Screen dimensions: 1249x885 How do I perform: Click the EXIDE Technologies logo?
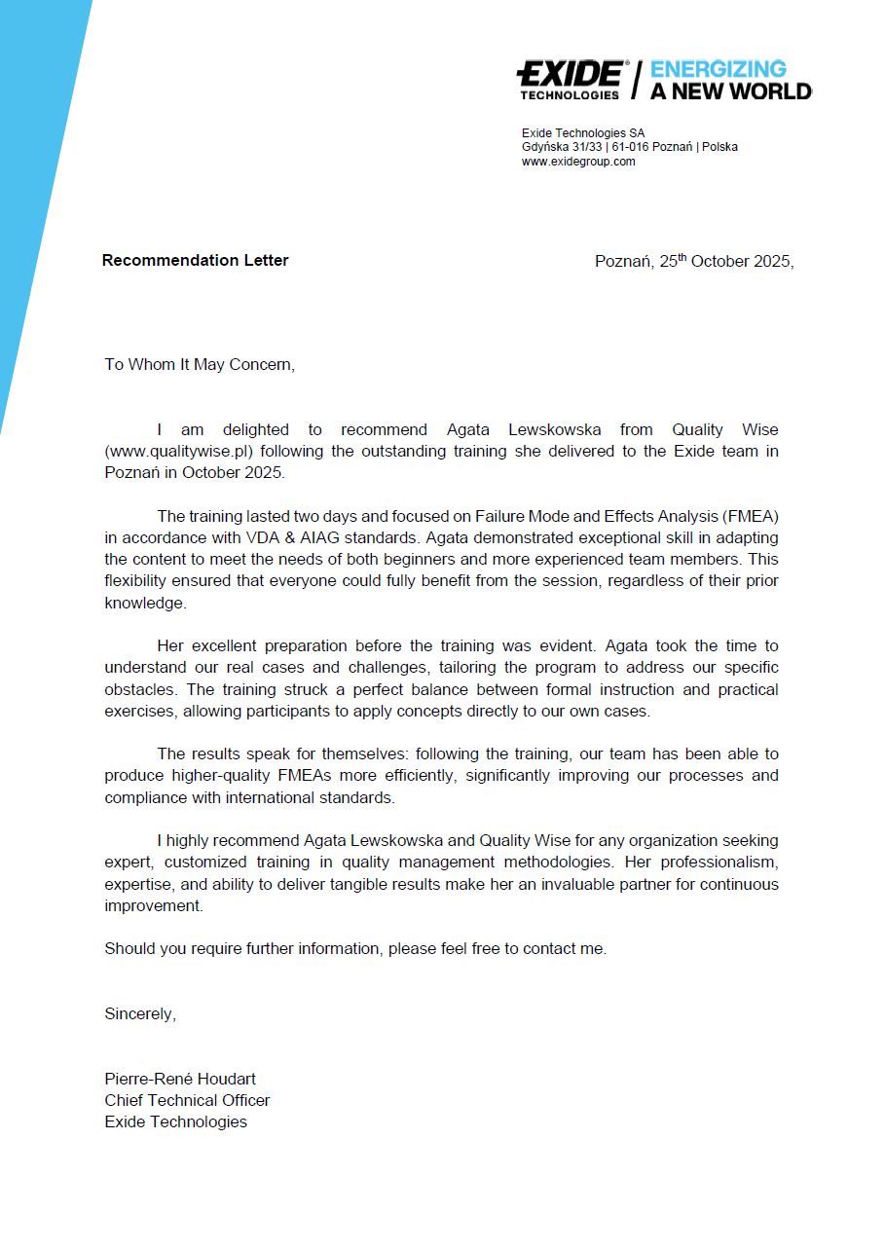[572, 79]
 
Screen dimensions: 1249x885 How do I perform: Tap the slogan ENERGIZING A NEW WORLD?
[730, 80]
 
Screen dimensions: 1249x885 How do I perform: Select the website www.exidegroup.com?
[578, 162]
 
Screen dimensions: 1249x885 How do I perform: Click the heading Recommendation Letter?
[195, 260]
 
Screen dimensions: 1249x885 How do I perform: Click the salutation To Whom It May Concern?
[199, 364]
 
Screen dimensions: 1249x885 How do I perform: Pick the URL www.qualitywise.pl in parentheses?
[179, 452]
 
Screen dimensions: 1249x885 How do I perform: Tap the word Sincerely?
[140, 1013]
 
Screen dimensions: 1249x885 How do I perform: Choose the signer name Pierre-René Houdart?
[180, 1079]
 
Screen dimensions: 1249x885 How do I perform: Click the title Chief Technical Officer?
[187, 1100]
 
